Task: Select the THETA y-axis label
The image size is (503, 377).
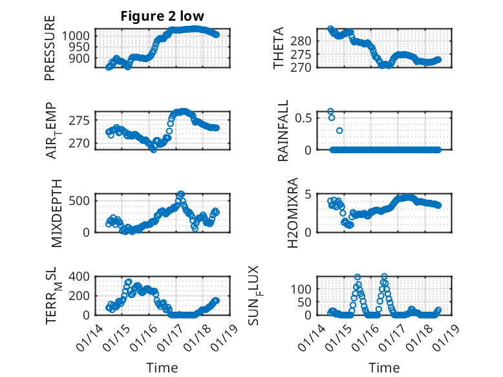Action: point(279,48)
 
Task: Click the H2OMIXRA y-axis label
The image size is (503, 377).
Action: point(292,212)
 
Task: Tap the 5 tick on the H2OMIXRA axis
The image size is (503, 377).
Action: point(309,194)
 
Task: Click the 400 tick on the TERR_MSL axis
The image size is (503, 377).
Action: point(80,277)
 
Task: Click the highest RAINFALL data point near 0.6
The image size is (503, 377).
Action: point(330,111)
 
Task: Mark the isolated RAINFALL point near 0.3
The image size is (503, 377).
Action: point(339,131)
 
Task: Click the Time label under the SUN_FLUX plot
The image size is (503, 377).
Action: point(384,367)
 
